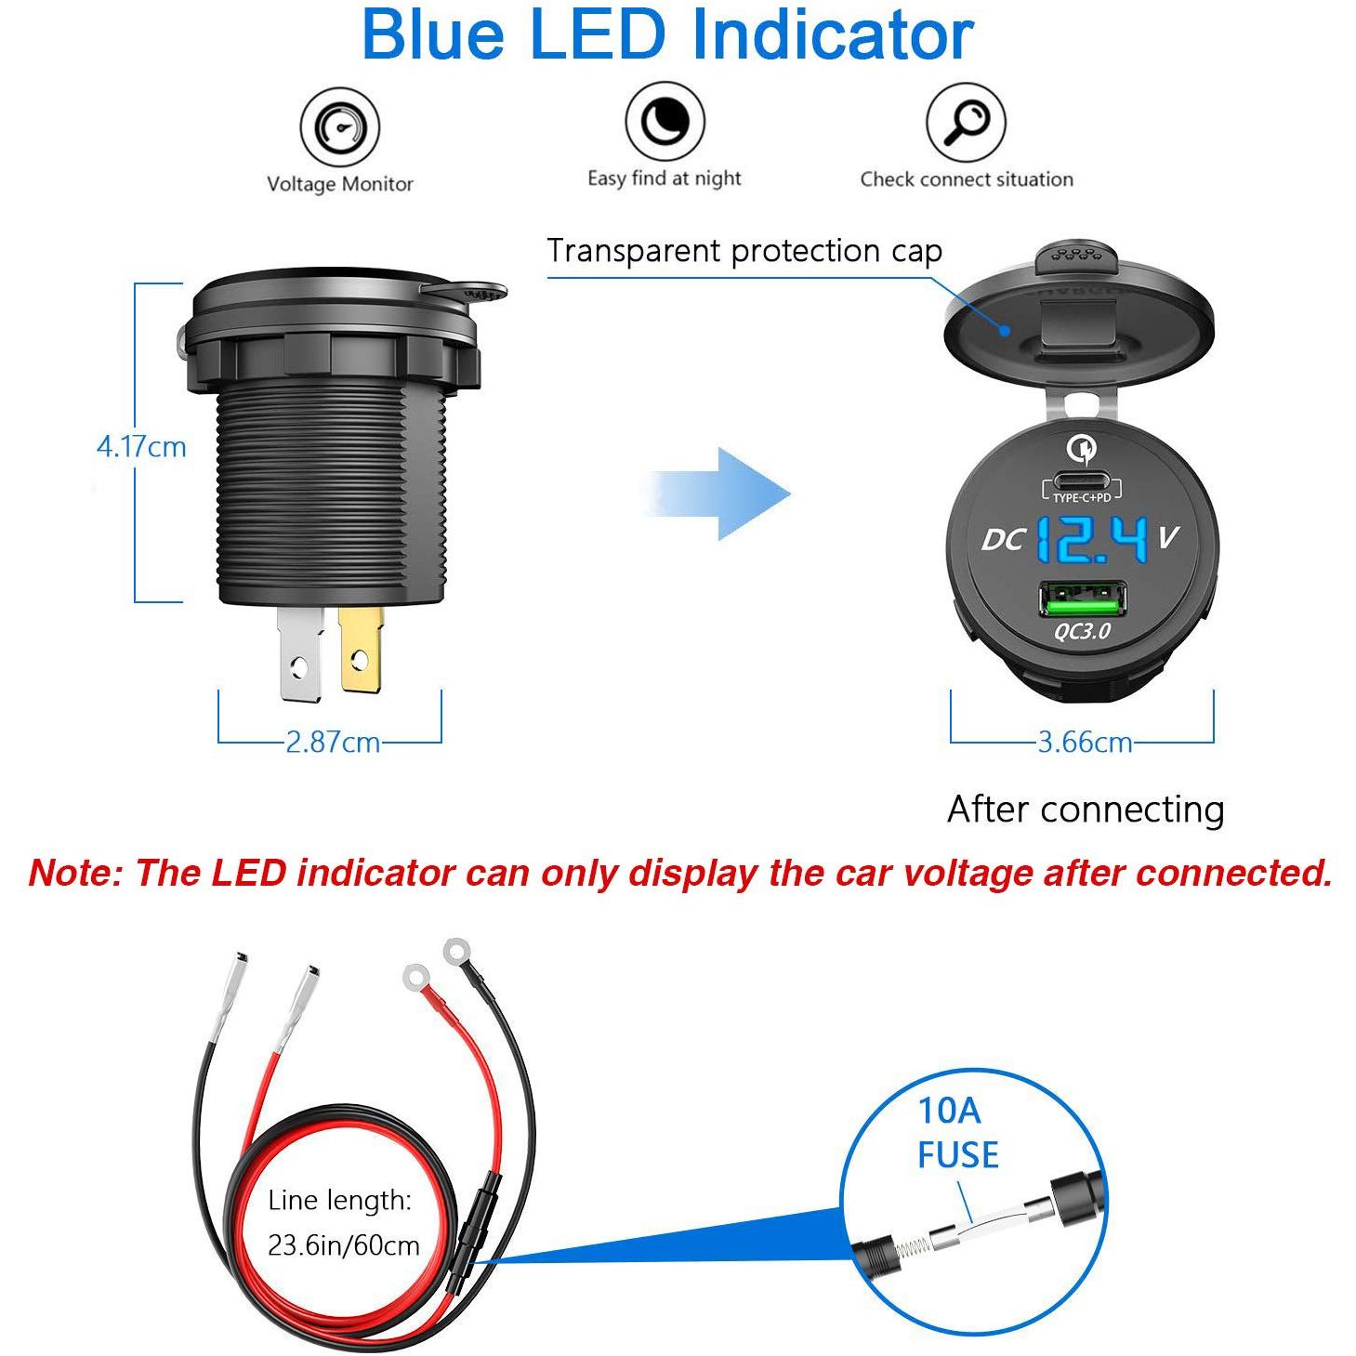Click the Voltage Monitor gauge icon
[340, 126]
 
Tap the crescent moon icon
[665, 121]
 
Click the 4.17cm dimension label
[141, 447]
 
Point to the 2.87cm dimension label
[333, 743]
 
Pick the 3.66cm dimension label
[1086, 743]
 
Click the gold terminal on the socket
[361, 649]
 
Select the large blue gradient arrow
[717, 494]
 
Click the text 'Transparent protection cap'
[744, 251]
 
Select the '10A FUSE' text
[957, 1134]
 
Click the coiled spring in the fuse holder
[912, 1250]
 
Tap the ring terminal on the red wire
[416, 978]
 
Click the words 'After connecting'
[1086, 810]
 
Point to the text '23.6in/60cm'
[344, 1246]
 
